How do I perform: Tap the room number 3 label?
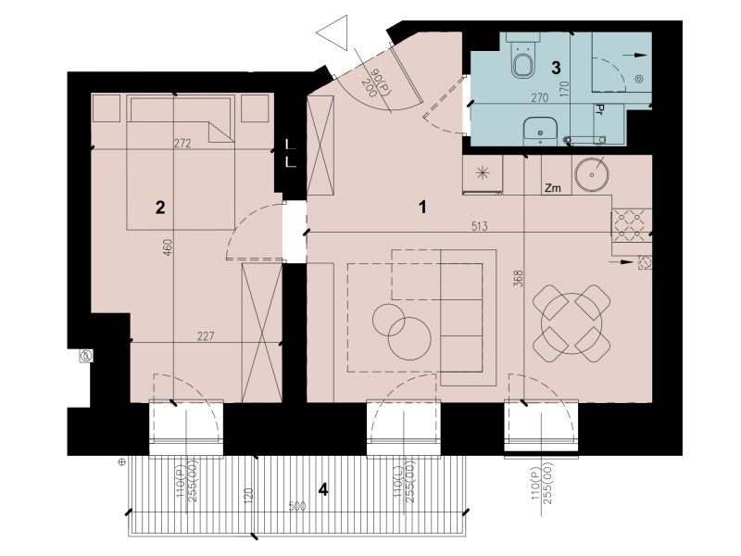[x=557, y=68]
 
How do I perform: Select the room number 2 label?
[x=160, y=207]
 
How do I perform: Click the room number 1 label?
[x=423, y=207]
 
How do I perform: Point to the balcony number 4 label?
[x=323, y=489]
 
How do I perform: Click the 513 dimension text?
[x=479, y=226]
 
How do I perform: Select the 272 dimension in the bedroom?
[x=182, y=144]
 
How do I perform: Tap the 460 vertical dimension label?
[x=168, y=247]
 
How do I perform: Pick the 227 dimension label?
[x=206, y=336]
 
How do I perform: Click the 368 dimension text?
[x=518, y=279]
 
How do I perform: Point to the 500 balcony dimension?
[x=296, y=506]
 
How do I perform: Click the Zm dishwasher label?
[x=552, y=188]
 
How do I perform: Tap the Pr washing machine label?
[x=599, y=110]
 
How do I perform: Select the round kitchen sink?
[x=591, y=174]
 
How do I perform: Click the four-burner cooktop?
[x=630, y=225]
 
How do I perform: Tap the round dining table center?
[x=571, y=323]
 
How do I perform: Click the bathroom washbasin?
[x=540, y=131]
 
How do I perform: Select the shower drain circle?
[x=639, y=79]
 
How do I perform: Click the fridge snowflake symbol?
[x=482, y=172]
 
